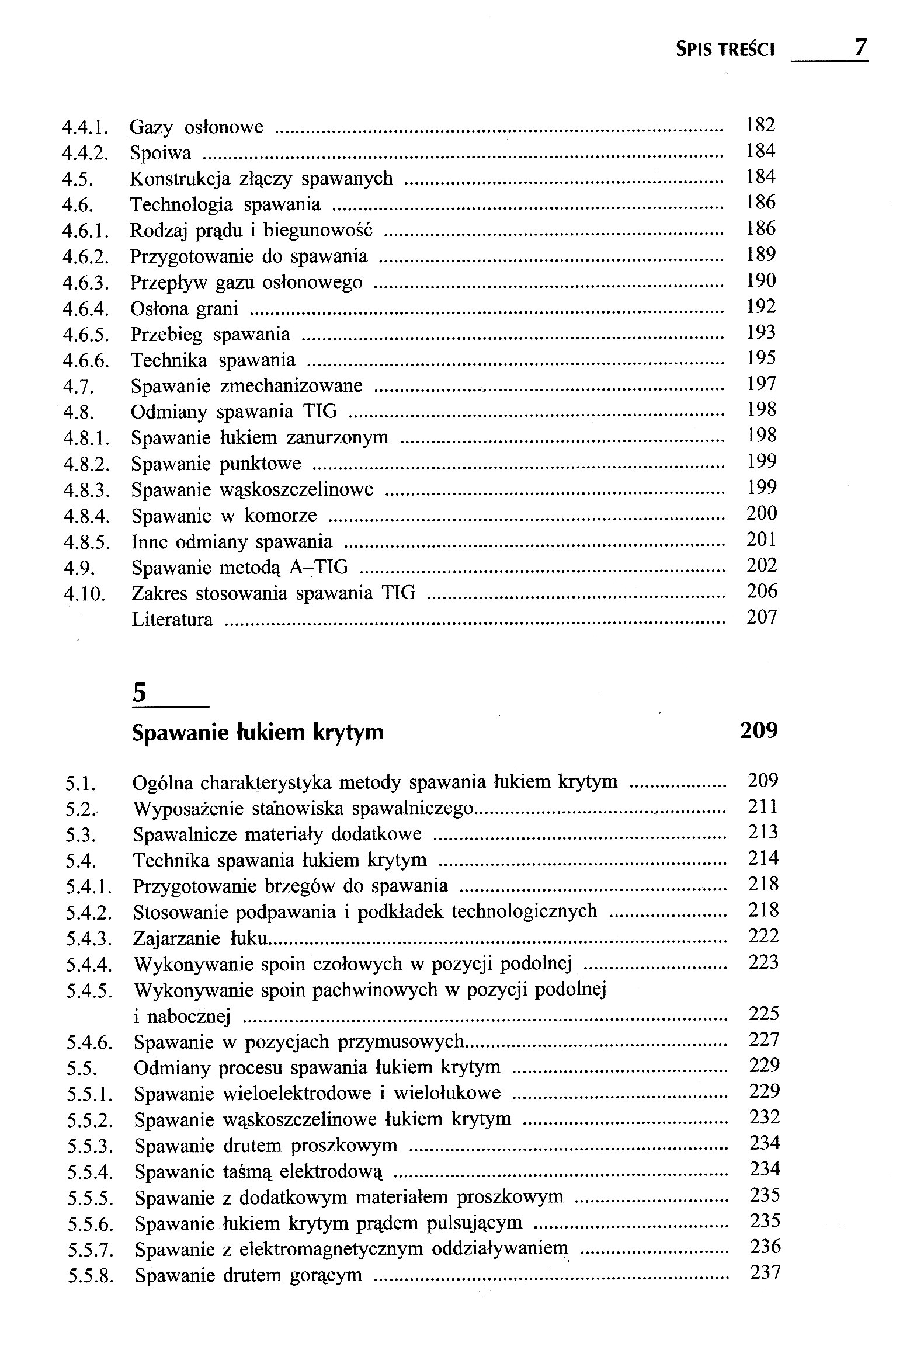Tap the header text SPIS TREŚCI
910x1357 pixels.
pos(725,50)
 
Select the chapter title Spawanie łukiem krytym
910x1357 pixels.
pos(258,732)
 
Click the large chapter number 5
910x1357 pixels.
pos(140,693)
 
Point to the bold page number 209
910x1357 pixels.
pos(759,730)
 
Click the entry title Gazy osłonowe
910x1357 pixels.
pos(197,127)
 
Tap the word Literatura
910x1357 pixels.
pos(172,620)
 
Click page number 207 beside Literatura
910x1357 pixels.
pos(762,617)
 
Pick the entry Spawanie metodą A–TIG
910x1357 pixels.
pos(239,567)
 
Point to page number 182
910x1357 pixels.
pos(760,125)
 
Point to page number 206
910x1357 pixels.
pos(762,591)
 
